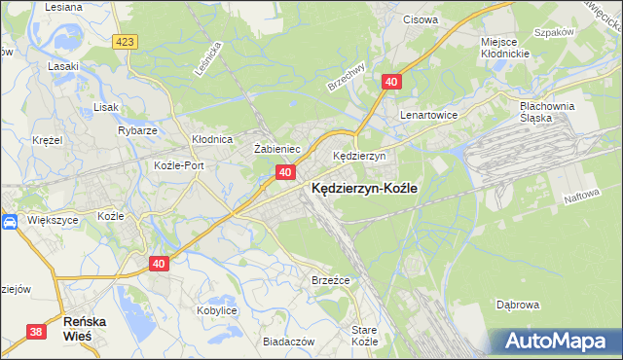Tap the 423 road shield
click(x=124, y=42)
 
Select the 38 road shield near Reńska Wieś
click(x=36, y=332)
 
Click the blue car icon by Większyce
click(x=10, y=222)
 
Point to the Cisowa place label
click(x=421, y=18)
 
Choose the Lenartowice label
click(x=429, y=114)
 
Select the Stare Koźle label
click(x=364, y=336)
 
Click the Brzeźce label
click(x=330, y=279)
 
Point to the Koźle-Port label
click(x=179, y=165)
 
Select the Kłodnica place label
click(x=211, y=139)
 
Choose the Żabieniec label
click(x=275, y=148)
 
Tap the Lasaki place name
click(x=63, y=66)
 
